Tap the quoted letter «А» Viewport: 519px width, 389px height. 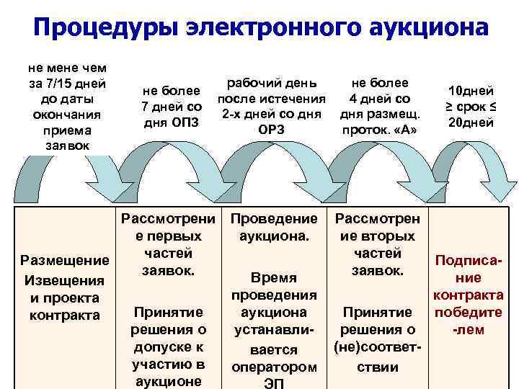click(x=408, y=130)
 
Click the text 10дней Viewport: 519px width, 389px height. click(x=471, y=91)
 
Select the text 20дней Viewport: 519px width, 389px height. click(x=471, y=122)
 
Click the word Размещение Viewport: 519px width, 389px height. click(x=65, y=261)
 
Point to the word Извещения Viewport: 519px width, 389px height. click(x=65, y=280)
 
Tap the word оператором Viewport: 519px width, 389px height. click(x=274, y=367)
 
